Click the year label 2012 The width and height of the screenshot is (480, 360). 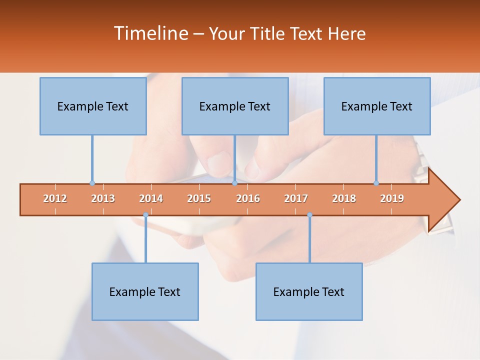[x=55, y=198]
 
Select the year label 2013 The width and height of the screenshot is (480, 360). [x=103, y=198]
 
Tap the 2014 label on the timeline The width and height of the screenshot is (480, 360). [x=151, y=198]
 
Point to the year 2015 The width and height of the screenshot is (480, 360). [x=199, y=198]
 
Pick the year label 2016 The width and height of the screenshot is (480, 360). [x=248, y=198]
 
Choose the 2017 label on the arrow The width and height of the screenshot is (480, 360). [x=296, y=198]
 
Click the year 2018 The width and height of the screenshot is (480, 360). [x=344, y=198]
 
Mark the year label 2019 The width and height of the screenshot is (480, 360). [x=392, y=198]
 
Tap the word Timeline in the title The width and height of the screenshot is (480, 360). [x=150, y=33]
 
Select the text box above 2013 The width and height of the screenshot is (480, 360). [x=93, y=106]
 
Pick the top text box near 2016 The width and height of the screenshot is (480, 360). [x=235, y=106]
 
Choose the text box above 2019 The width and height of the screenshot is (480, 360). [x=377, y=106]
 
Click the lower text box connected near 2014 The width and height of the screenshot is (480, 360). [x=145, y=291]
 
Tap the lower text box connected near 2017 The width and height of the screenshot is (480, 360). [x=309, y=291]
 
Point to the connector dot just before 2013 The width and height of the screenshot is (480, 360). [x=92, y=183]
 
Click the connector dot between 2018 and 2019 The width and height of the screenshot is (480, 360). [x=376, y=183]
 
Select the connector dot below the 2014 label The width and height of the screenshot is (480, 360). [x=145, y=215]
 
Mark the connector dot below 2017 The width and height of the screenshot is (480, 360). [x=309, y=215]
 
